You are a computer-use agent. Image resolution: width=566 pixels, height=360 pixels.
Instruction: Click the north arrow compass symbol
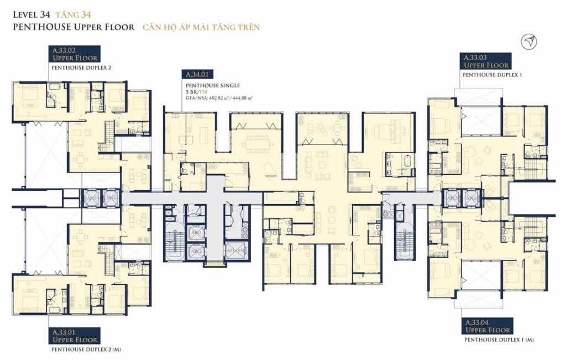point(530,41)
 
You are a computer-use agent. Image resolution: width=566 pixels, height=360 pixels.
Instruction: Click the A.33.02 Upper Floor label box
point(75,54)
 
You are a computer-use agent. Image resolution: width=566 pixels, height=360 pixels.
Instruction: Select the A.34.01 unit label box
point(201,74)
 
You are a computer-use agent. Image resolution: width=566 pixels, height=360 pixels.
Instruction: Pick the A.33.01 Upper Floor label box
point(75,336)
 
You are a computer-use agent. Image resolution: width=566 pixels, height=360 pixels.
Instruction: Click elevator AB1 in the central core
point(195,233)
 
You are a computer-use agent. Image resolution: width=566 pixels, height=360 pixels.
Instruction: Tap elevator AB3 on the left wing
point(93,197)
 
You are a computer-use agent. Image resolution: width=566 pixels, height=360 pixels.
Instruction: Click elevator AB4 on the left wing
point(111,197)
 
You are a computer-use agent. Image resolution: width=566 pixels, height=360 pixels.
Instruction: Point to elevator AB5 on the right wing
point(452,198)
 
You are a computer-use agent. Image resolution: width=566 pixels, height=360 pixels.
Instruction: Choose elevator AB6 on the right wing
point(470,198)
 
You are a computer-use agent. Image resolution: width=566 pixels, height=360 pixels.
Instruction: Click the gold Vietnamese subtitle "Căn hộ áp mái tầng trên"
point(201,27)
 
